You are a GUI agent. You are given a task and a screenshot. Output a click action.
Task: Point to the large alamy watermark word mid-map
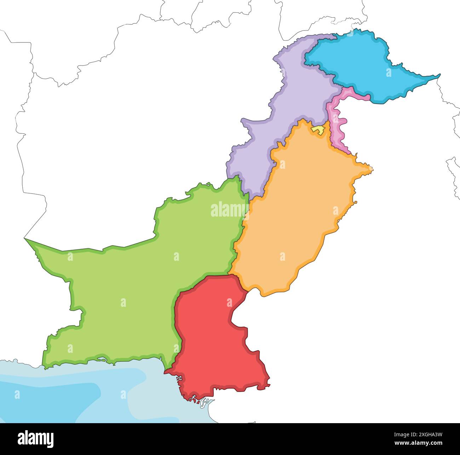[229, 210]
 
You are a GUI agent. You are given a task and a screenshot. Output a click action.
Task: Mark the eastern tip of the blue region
[440, 75]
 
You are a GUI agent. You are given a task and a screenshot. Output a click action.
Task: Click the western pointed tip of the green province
[25, 239]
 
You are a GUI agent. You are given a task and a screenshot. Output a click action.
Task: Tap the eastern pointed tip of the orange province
[372, 169]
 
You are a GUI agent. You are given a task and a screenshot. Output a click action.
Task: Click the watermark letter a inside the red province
[229, 303]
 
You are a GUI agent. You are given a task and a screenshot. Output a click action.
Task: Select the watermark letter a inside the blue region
[389, 73]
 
